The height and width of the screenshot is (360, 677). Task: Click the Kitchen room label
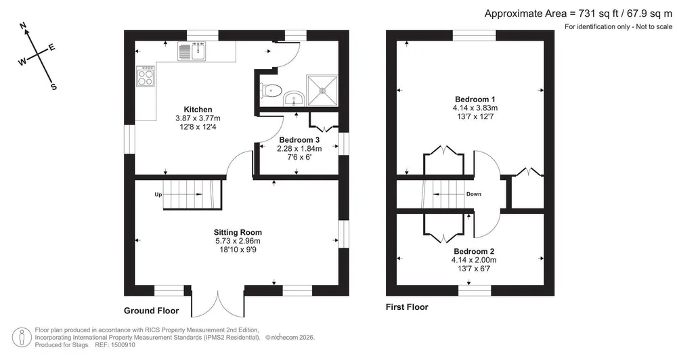[x=198, y=110]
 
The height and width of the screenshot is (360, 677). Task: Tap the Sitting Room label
[x=238, y=233]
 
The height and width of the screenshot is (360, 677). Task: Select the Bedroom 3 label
[x=299, y=140]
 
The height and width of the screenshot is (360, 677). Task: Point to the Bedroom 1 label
[x=475, y=99]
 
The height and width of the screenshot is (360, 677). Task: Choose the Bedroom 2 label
[x=474, y=251]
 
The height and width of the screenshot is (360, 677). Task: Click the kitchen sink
[x=192, y=51]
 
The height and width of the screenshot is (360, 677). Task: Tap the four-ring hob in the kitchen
[x=146, y=76]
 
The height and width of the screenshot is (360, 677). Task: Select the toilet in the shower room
[x=271, y=91]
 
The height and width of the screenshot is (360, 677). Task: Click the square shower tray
[x=322, y=91]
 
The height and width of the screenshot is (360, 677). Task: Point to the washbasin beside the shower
[x=294, y=98]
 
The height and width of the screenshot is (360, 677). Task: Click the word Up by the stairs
[x=158, y=195]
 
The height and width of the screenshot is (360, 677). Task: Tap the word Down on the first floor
[x=474, y=194]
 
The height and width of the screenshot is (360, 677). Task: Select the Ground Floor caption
[x=151, y=311]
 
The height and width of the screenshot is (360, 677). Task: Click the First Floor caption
[x=407, y=307]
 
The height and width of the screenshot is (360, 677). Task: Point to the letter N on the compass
[x=24, y=26]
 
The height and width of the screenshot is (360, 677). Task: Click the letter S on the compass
[x=53, y=87]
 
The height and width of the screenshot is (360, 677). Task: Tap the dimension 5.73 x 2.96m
[x=238, y=242]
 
